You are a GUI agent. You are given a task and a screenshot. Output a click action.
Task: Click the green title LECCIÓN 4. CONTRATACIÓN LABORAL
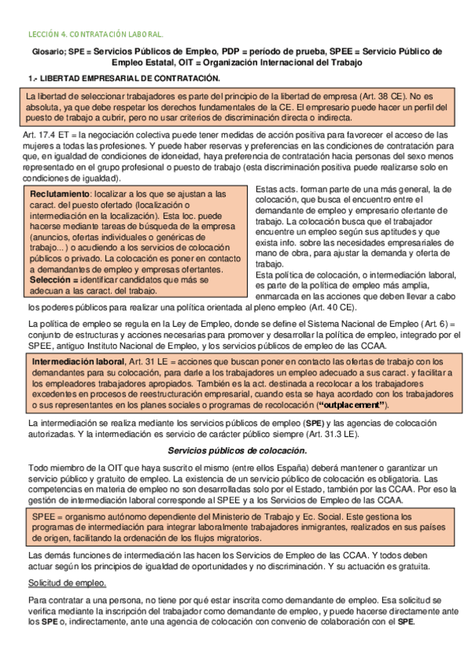(95, 34)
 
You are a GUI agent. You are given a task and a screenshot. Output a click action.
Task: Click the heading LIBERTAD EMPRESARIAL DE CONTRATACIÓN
(130, 78)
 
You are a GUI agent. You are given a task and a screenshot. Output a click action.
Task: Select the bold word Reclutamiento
(59, 193)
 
